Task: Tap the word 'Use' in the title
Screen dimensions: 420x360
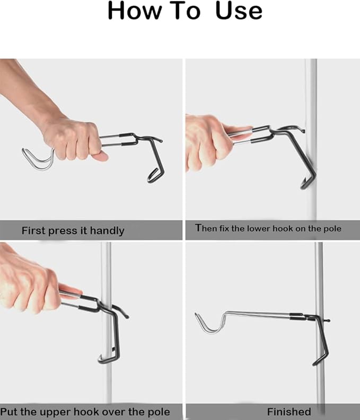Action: click(239, 11)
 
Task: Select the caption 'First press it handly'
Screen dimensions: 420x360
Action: click(73, 230)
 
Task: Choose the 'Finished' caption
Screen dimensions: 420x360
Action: click(289, 412)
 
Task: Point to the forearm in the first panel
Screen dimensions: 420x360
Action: click(27, 90)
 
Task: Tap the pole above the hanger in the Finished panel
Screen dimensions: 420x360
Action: click(319, 275)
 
